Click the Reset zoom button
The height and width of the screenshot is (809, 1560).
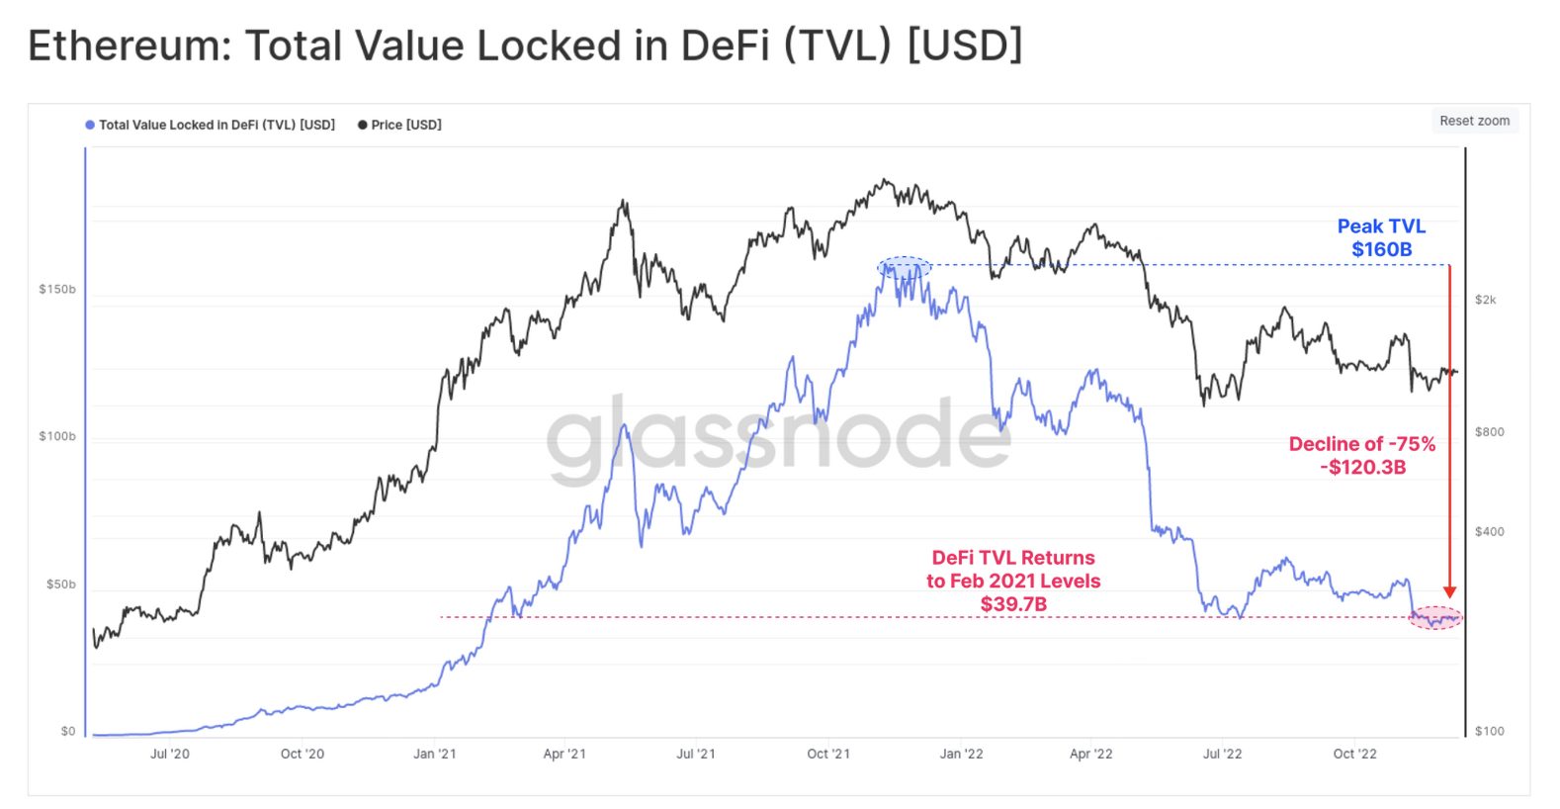pos(1474,121)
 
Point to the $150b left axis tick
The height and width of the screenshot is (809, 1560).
pos(57,289)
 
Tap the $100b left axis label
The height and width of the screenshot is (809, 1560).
pos(57,436)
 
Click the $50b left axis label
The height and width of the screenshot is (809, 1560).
pos(60,584)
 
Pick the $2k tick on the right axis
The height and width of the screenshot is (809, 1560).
pos(1485,300)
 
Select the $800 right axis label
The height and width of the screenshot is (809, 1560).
pos(1489,432)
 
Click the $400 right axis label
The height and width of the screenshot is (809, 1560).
pos(1489,532)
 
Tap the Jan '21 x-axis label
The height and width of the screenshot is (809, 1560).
pos(435,754)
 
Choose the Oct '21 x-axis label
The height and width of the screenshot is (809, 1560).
pos(828,754)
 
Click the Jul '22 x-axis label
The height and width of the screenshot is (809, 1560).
pos(1222,754)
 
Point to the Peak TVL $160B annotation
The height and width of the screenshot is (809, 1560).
pos(1381,238)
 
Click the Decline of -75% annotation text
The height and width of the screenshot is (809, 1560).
pos(1361,444)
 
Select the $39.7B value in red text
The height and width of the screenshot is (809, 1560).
pos(1013,604)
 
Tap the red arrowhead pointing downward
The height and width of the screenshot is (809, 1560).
pos(1449,591)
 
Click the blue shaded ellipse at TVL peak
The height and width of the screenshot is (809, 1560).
pos(905,267)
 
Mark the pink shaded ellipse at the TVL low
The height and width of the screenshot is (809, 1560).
pos(1434,618)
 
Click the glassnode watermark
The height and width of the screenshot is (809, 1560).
pos(778,436)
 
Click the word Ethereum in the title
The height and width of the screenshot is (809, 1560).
pos(129,45)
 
